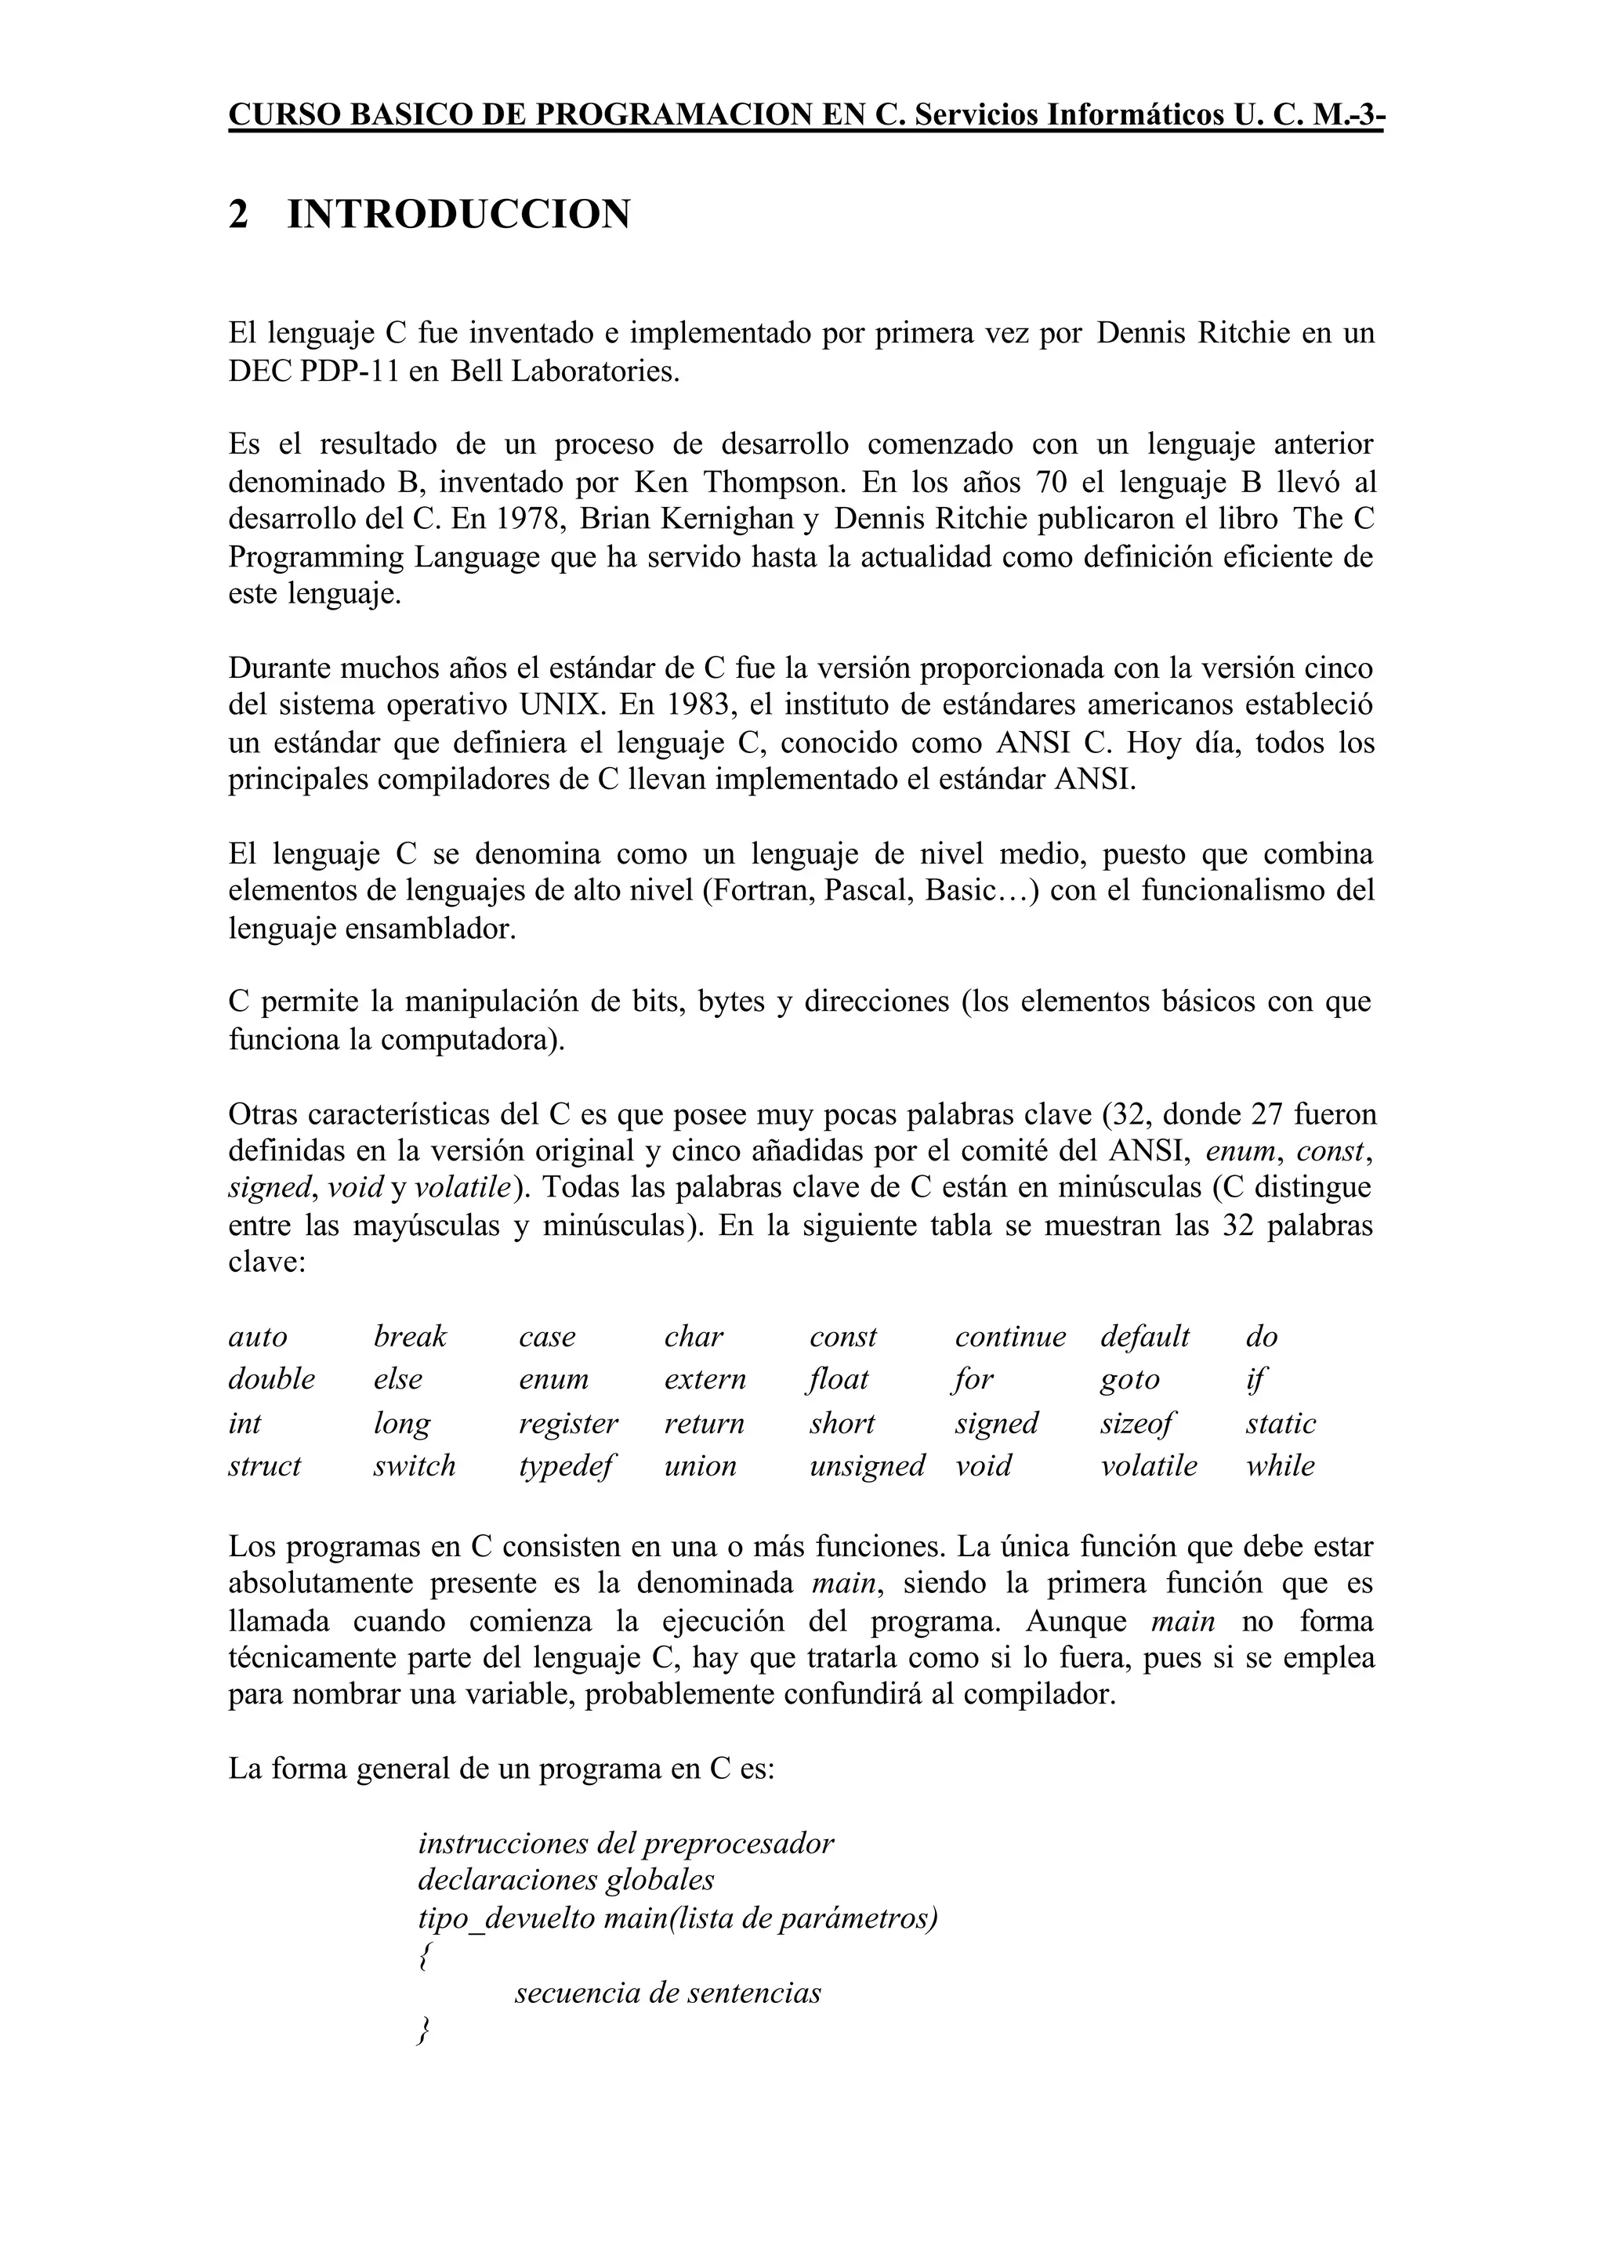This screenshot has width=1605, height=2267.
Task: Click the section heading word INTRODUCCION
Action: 458,215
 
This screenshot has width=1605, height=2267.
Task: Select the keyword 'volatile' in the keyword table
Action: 1148,1465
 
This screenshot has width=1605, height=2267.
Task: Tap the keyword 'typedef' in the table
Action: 567,1465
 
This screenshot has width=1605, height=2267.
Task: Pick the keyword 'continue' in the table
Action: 1010,1337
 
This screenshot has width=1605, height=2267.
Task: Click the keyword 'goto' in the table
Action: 1129,1380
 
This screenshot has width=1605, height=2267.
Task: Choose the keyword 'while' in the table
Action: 1280,1465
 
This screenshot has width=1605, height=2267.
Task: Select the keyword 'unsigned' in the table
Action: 867,1465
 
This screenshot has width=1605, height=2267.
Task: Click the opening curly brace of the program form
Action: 424,1956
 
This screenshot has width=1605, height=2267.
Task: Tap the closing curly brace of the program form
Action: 424,2031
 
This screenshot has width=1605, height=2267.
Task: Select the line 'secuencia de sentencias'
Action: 667,1994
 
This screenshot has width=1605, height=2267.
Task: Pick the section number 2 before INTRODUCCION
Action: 238,215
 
